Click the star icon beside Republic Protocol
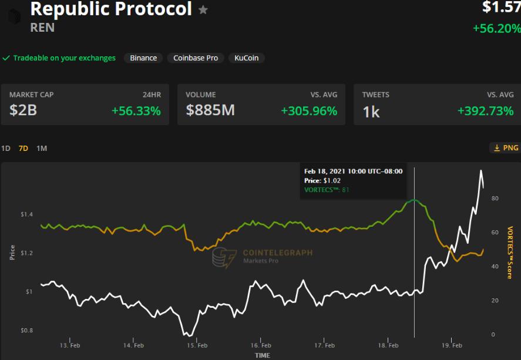[x=203, y=10]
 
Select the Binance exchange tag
[x=143, y=58]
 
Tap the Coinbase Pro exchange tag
[x=196, y=58]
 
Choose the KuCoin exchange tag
[x=247, y=58]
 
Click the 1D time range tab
[x=6, y=149]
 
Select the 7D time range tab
[x=23, y=149]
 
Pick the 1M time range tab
[x=42, y=149]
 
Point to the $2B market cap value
[x=23, y=110]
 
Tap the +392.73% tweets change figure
[x=485, y=110]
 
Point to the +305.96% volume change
[x=309, y=110]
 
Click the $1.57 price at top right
[x=501, y=7]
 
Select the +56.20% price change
[x=496, y=28]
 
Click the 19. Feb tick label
[x=452, y=345]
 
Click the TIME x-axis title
[x=263, y=355]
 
